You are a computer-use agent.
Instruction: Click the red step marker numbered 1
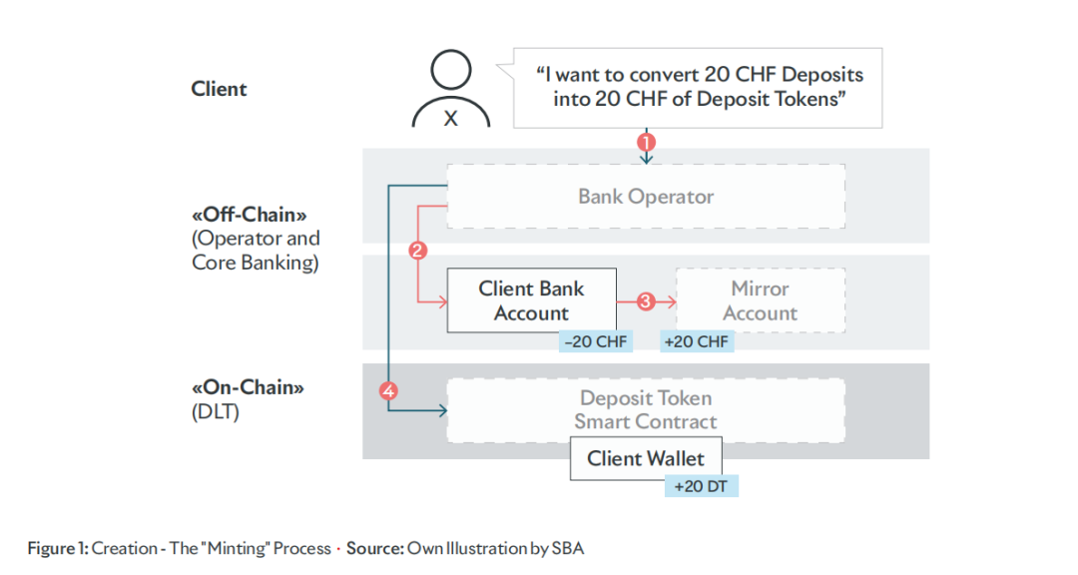pos(646,143)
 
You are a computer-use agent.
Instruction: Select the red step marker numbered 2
pos(418,251)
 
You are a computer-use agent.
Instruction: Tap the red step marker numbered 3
pos(646,300)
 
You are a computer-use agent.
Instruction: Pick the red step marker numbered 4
pos(389,391)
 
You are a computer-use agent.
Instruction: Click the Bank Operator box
pos(646,197)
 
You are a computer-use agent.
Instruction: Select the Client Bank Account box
pos(531,299)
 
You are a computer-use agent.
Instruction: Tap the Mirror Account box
pos(760,300)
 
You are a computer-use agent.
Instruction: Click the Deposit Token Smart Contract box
pos(646,409)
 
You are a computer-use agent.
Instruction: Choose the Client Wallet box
pos(645,459)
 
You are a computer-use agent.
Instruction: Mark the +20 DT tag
pos(701,487)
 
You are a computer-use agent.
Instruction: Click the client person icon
pos(451,90)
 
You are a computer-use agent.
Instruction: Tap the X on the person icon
pos(451,119)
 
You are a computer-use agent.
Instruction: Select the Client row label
pos(219,89)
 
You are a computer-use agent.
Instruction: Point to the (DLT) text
pos(215,411)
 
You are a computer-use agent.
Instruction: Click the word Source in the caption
pos(374,548)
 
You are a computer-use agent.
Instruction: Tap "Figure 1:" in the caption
pos(58,548)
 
